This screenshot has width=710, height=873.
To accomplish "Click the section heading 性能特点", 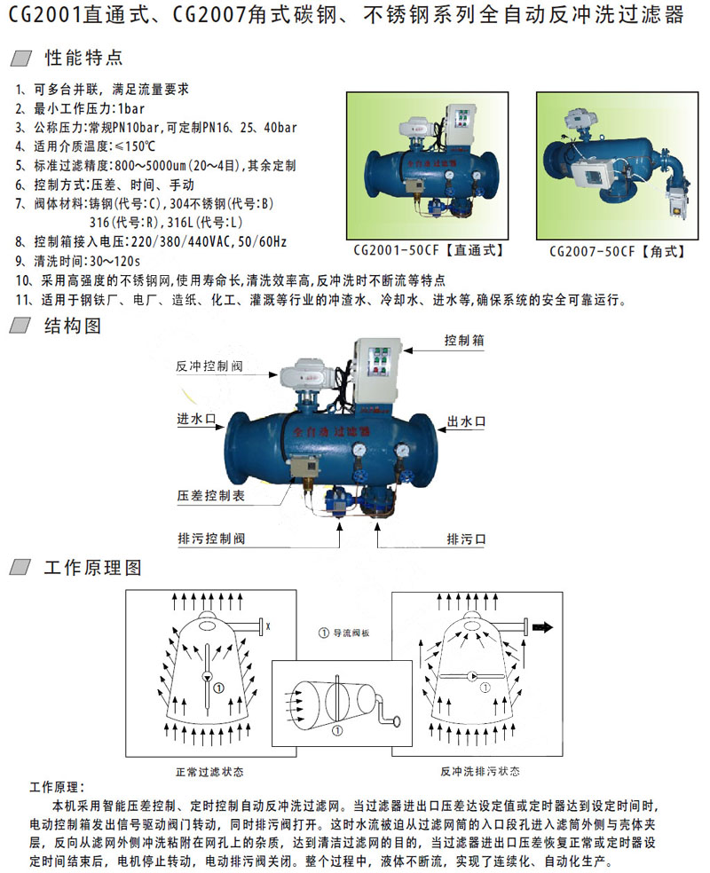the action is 83,58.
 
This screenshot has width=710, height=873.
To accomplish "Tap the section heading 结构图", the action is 73,326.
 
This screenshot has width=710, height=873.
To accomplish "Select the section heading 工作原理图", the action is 93,567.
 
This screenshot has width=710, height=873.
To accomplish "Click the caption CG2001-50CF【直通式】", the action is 429,250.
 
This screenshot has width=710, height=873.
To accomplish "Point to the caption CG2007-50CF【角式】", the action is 617,252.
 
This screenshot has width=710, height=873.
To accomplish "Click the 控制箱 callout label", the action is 464,340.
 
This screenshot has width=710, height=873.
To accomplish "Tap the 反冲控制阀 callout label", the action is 209,366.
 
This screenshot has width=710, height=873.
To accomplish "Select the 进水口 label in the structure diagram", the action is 196,419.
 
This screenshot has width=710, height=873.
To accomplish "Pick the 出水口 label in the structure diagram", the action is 467,422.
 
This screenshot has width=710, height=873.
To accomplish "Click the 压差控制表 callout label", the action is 211,496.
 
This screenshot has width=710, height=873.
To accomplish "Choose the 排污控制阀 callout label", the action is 211,539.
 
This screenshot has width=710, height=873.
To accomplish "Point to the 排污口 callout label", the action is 467,539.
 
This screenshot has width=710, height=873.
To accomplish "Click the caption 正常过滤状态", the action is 210,772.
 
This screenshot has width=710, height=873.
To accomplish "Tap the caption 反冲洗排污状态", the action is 480,771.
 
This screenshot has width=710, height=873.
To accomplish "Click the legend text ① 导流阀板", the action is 343,633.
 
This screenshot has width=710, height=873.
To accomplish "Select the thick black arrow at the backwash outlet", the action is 542,627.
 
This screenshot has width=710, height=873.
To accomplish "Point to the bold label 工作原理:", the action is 58,787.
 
